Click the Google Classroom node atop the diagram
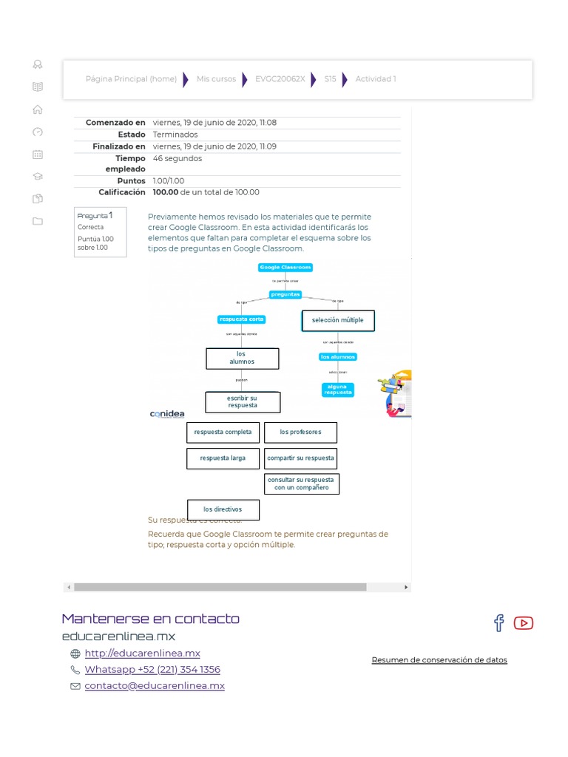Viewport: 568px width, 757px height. (x=285, y=267)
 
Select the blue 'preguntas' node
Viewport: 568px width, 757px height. (x=285, y=294)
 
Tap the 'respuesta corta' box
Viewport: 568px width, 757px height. (x=241, y=319)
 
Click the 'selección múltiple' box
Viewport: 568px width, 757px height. (x=338, y=320)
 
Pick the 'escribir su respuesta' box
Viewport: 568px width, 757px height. (x=243, y=402)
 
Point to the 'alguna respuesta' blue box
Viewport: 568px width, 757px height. (x=337, y=390)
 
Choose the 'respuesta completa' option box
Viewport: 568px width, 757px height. (x=223, y=432)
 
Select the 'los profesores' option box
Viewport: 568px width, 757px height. (x=300, y=432)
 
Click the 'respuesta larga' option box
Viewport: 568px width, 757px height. (x=223, y=458)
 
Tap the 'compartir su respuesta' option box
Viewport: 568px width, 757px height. (x=300, y=458)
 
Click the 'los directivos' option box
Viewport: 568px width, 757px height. (x=223, y=509)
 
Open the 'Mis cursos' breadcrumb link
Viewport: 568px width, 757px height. (x=216, y=79)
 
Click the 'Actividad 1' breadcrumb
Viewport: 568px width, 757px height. (x=376, y=79)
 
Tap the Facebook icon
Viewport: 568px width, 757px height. (x=499, y=622)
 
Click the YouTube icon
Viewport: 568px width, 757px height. (x=523, y=622)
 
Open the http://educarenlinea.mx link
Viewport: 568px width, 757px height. (x=142, y=653)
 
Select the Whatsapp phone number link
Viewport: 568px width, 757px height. (x=152, y=669)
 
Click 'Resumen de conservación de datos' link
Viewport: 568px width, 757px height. (x=439, y=659)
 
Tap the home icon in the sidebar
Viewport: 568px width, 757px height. (x=38, y=109)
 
